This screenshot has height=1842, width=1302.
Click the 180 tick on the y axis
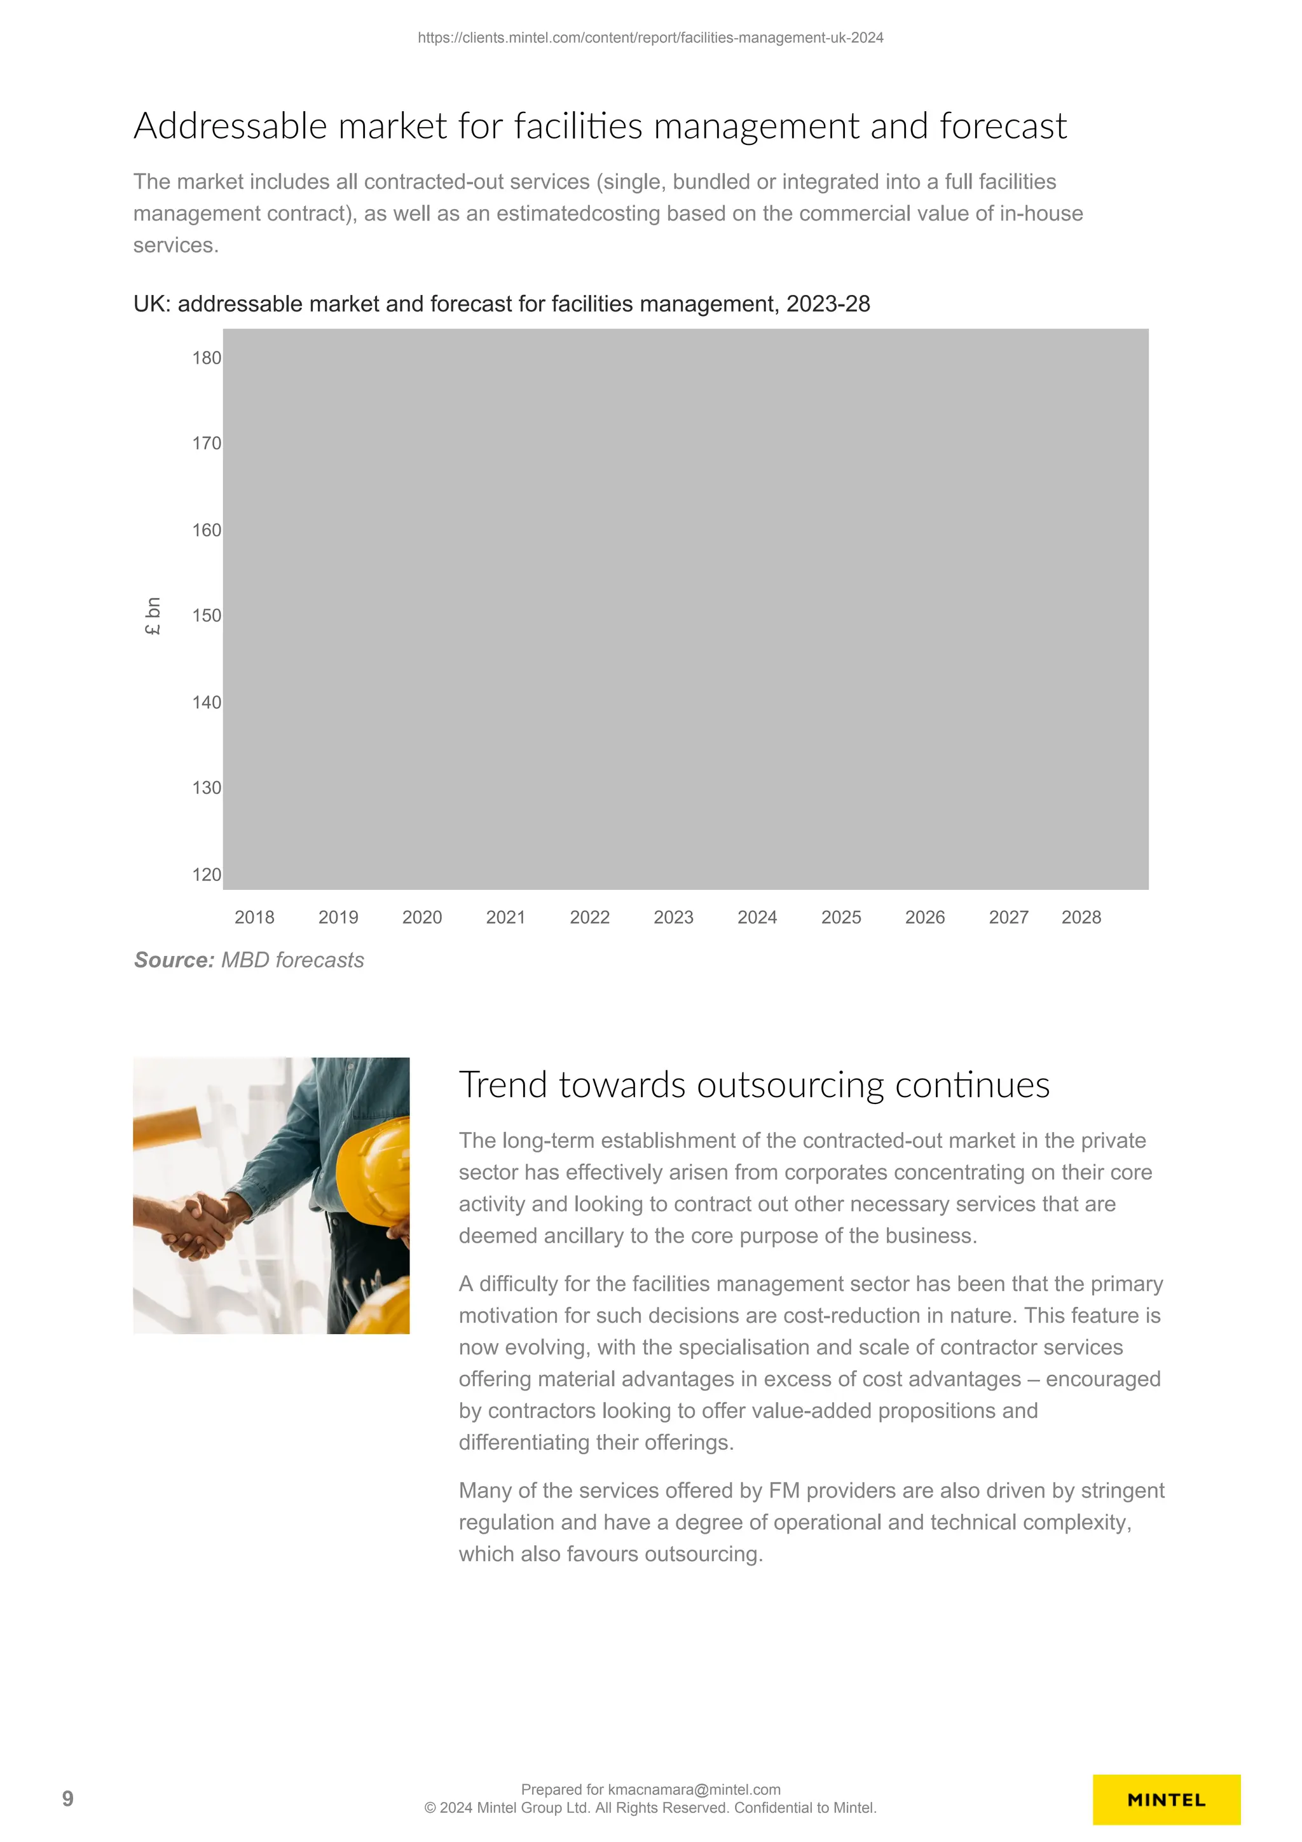click(x=206, y=358)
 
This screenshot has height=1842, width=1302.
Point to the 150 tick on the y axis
click(x=206, y=615)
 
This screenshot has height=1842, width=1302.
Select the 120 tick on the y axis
click(x=206, y=875)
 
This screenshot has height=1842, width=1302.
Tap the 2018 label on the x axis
click(x=254, y=917)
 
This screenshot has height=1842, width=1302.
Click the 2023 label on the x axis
click(x=673, y=917)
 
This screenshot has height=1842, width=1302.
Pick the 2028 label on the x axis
click(x=1081, y=917)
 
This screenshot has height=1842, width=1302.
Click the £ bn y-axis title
click(x=153, y=616)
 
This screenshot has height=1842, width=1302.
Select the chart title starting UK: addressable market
click(x=502, y=304)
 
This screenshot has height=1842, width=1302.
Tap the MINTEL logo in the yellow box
click(x=1165, y=1799)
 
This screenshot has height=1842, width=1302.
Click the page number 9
click(x=68, y=1799)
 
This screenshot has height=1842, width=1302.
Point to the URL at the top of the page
click(x=650, y=38)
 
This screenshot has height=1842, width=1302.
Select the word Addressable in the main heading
click(x=230, y=126)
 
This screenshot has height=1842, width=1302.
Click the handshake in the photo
click(x=196, y=1223)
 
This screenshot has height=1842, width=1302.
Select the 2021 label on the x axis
click(x=505, y=917)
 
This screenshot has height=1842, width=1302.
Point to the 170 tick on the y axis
click(x=206, y=443)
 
